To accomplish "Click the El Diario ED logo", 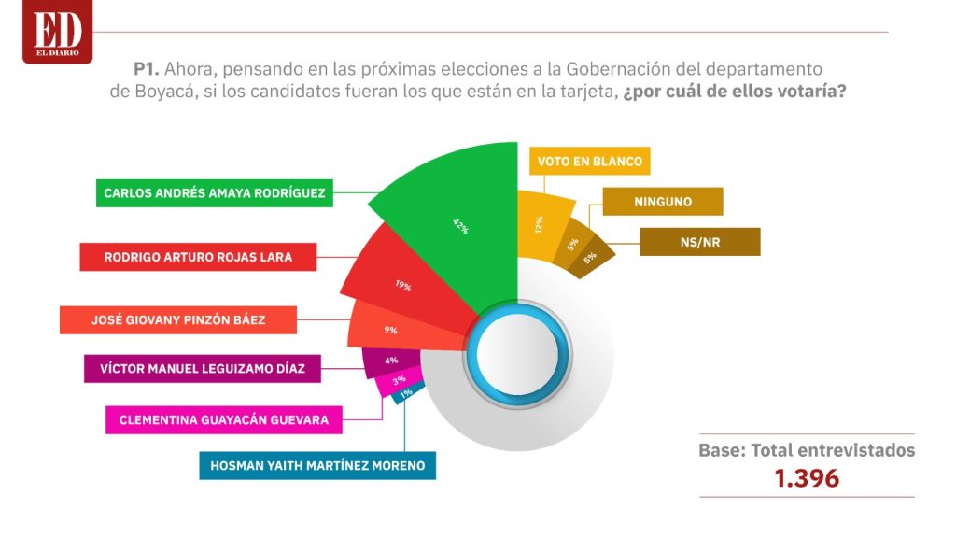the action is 57,31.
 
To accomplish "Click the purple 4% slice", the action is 390,361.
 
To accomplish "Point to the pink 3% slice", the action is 398,381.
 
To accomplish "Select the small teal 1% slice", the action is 407,393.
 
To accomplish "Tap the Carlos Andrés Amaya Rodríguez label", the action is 215,192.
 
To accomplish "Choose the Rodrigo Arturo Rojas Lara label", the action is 198,257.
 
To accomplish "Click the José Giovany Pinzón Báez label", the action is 178,319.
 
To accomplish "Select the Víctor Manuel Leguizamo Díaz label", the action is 203,368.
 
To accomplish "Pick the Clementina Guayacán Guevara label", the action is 224,419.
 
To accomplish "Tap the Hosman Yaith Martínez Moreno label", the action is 317,465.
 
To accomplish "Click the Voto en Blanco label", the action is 590,161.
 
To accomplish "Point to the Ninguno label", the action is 663,202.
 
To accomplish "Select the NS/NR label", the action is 700,242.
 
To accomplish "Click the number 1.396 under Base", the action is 807,478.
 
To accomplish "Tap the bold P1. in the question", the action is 147,68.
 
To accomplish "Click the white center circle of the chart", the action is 517,355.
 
